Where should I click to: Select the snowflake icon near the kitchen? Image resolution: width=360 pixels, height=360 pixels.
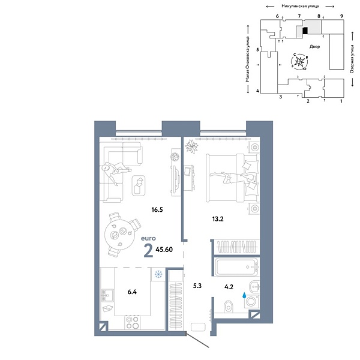[x=158, y=275]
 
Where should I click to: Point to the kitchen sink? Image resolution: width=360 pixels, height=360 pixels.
[x=108, y=295]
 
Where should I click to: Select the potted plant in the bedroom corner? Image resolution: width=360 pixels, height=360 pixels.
[x=192, y=146]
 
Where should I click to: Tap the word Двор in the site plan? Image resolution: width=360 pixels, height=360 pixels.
[x=314, y=46]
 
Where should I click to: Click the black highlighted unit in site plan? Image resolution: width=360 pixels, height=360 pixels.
[x=304, y=30]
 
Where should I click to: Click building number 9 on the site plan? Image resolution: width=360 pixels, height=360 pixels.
[x=341, y=16]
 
